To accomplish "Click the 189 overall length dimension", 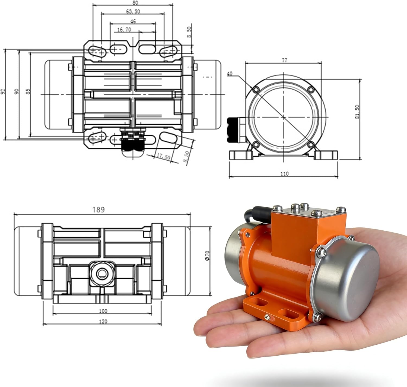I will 98,210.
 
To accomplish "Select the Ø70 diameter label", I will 208,255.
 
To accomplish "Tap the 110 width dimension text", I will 284,174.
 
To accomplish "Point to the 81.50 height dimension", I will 357,112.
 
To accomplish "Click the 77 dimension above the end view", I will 284,61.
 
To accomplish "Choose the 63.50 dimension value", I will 133,11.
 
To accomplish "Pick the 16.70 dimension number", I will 124,30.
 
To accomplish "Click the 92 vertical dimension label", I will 3,91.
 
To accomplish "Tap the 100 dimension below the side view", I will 103,311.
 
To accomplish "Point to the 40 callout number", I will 230,74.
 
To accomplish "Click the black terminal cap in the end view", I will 232,130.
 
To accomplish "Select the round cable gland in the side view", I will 102,274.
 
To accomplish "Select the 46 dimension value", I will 133,21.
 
